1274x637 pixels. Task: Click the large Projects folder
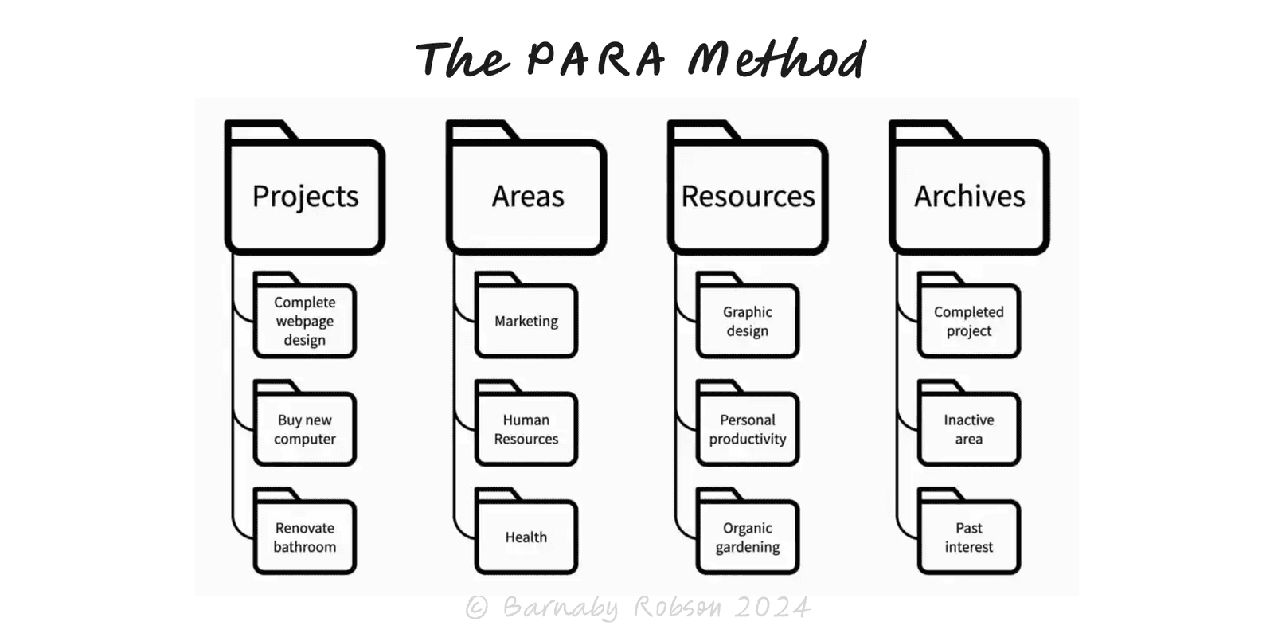(x=305, y=195)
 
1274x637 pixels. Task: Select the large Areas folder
(x=526, y=195)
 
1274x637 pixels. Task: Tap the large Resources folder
(x=748, y=195)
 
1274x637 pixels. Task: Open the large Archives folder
(x=969, y=195)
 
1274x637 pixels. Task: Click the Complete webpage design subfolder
(x=305, y=320)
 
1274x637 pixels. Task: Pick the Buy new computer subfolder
(x=305, y=428)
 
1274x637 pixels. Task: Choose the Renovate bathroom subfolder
(x=305, y=537)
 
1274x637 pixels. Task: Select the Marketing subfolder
(x=526, y=320)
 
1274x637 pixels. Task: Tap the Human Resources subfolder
(x=526, y=428)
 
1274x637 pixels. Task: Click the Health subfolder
(x=526, y=537)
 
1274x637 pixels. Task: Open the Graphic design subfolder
(x=748, y=320)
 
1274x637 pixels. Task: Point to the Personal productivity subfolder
(x=748, y=428)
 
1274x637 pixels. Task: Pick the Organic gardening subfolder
(x=748, y=537)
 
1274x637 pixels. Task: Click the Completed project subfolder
(x=969, y=320)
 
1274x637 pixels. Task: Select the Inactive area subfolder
(x=969, y=428)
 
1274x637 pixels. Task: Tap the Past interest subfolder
(x=969, y=537)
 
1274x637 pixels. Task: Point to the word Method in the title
(x=776, y=59)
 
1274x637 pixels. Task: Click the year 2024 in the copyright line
(x=772, y=608)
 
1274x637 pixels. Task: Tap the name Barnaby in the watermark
(x=561, y=608)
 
